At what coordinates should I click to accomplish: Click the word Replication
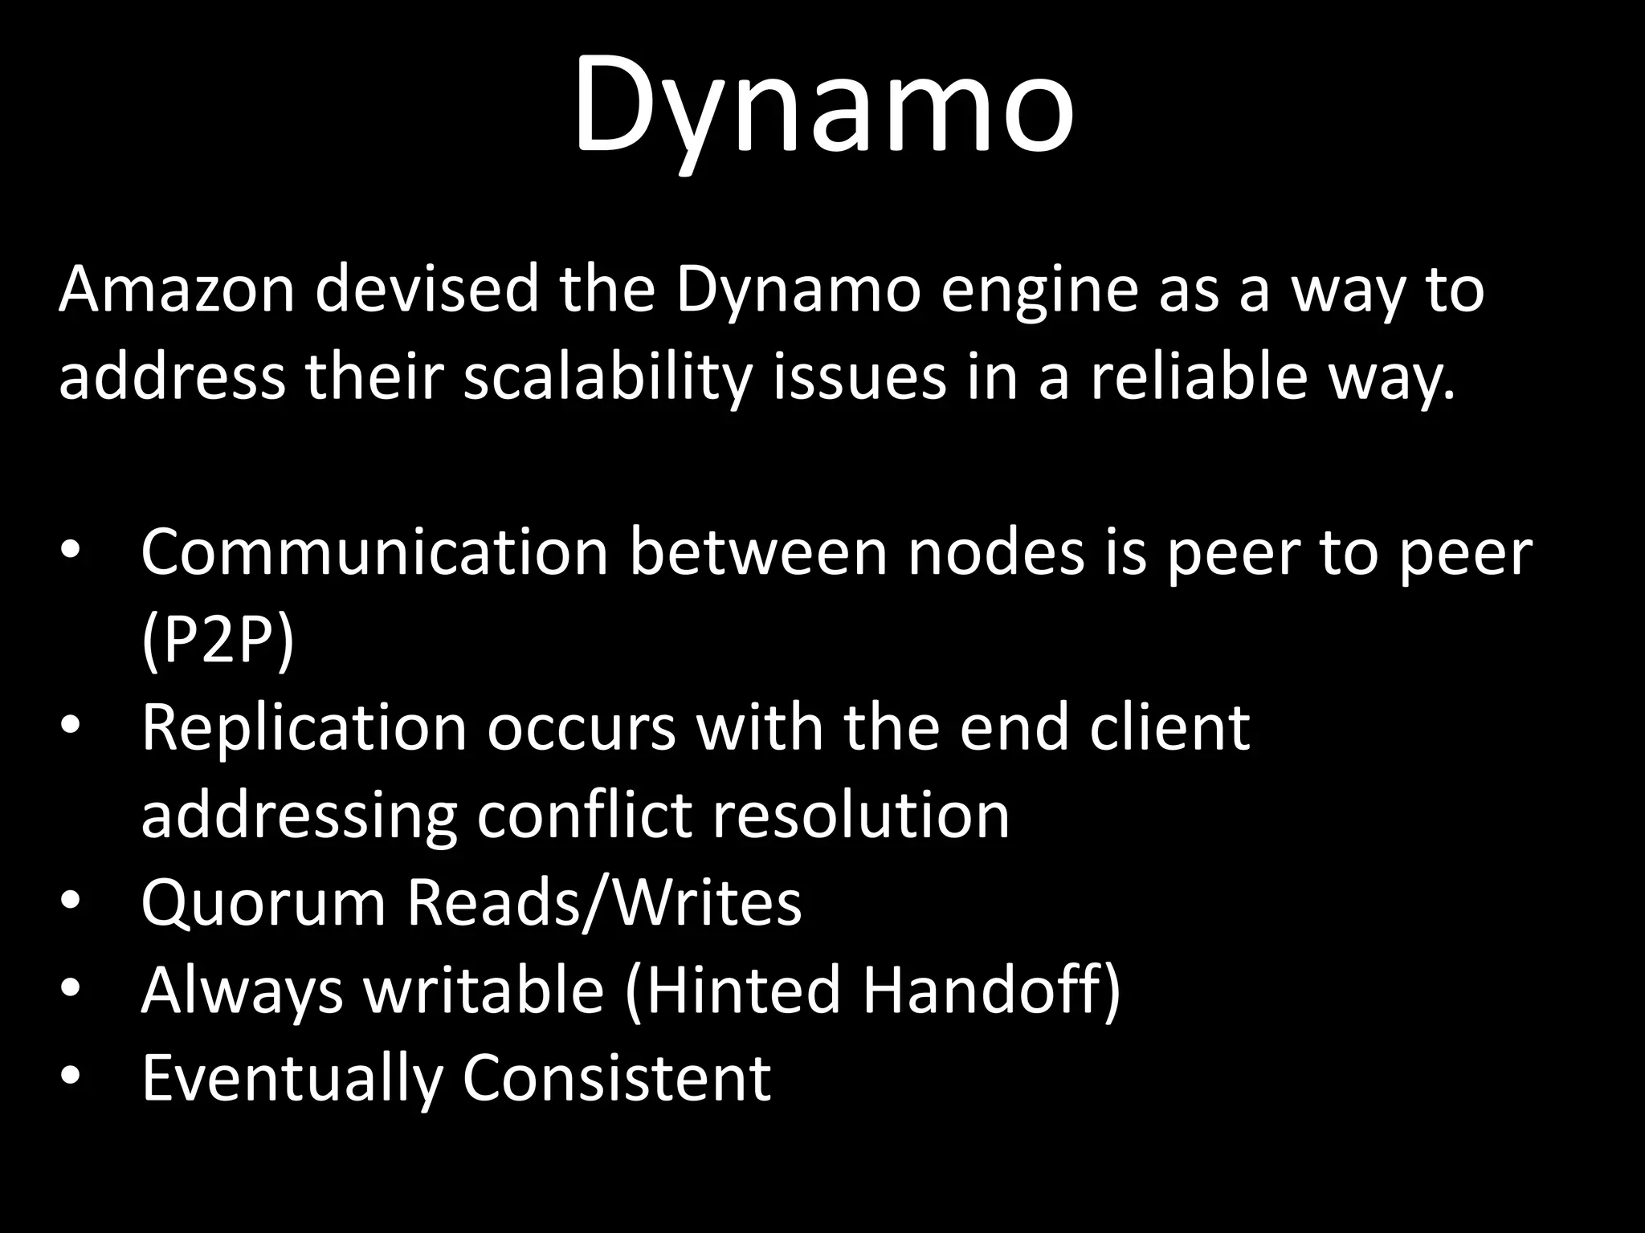(304, 728)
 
